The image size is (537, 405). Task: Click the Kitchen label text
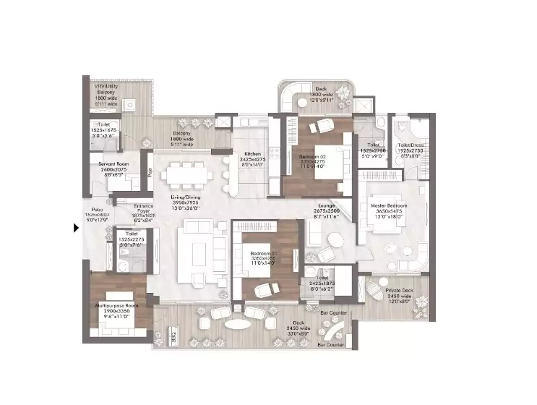click(252, 154)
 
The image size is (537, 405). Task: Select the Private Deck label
click(398, 291)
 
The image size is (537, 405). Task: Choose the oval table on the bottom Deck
click(236, 324)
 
